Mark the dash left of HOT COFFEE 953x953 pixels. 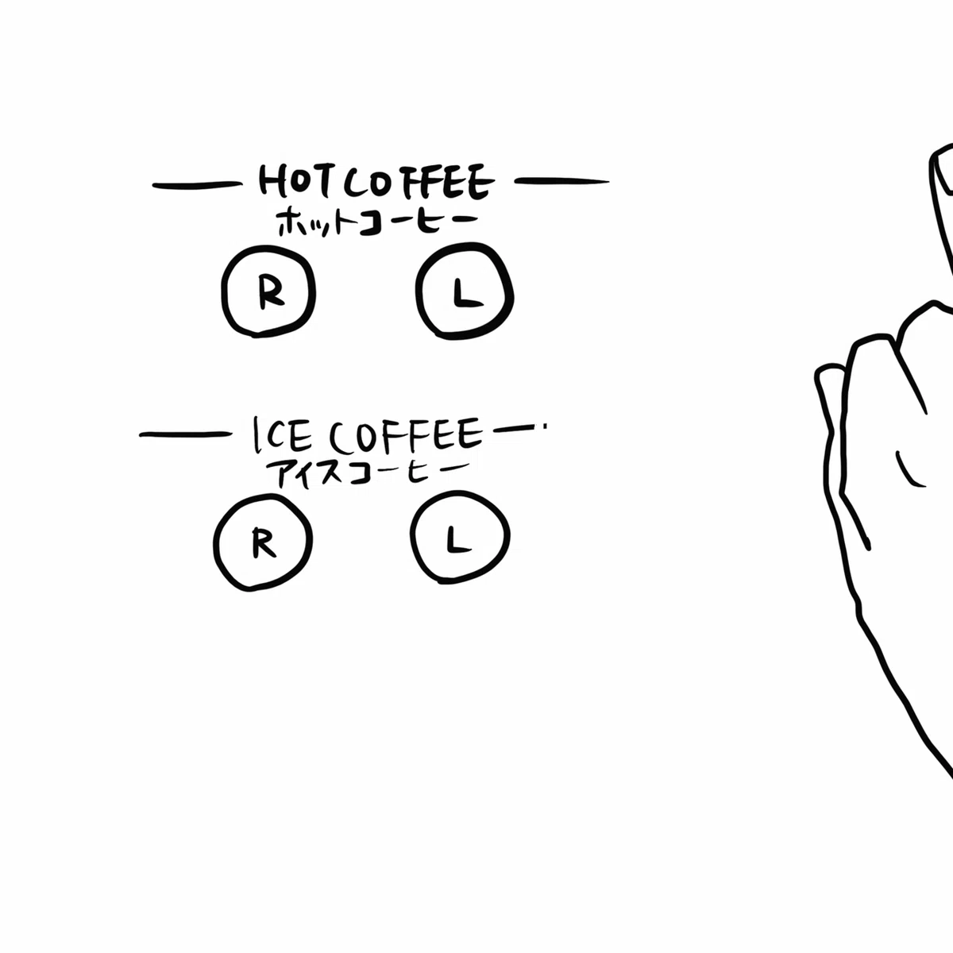coord(197,186)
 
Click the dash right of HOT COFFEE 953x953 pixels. coord(561,182)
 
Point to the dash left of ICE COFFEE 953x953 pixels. coord(186,434)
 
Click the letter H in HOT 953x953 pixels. coord(271,181)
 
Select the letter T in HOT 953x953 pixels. coord(322,182)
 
